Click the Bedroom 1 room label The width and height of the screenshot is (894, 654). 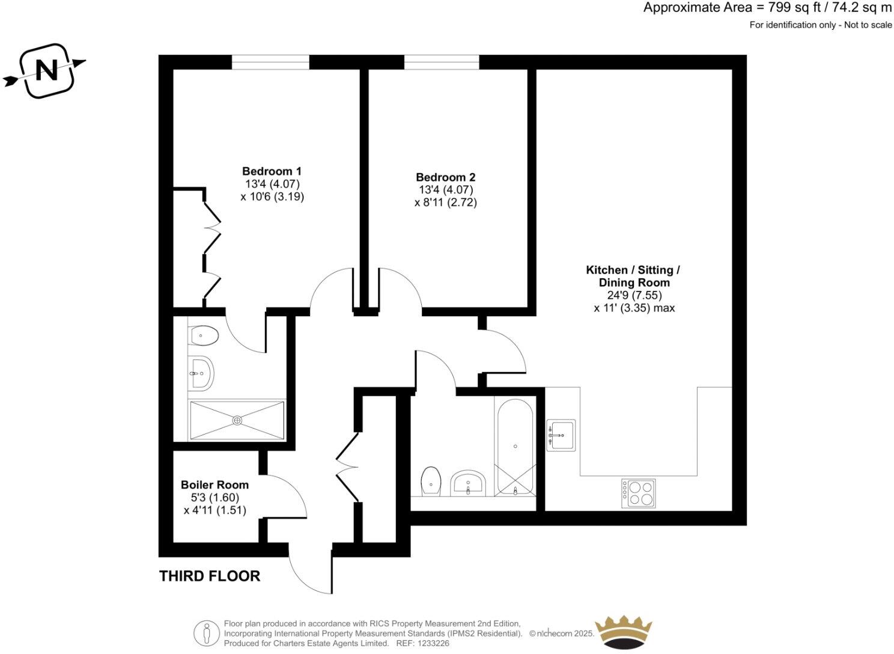point(272,171)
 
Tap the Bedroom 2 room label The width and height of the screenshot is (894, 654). point(445,177)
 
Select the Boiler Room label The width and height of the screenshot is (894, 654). point(214,484)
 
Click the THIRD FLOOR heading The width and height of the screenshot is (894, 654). point(210,576)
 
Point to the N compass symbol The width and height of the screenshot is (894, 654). point(47,71)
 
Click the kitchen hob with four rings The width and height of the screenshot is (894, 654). point(638,493)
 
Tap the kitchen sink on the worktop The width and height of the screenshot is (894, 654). point(561,435)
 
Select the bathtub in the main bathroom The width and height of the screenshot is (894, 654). point(515,447)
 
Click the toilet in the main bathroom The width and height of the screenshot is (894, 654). point(431,481)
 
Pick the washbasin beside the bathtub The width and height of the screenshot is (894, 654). point(469,483)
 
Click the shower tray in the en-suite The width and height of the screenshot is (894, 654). point(237,420)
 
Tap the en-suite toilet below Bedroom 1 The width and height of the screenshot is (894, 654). point(203,335)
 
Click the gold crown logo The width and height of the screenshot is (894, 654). point(623,632)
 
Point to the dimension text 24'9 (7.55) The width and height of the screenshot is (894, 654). point(634,295)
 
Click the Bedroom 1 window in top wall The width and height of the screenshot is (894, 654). point(270,62)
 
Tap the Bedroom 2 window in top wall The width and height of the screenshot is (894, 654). point(442,62)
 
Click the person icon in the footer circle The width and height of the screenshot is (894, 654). point(207,633)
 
